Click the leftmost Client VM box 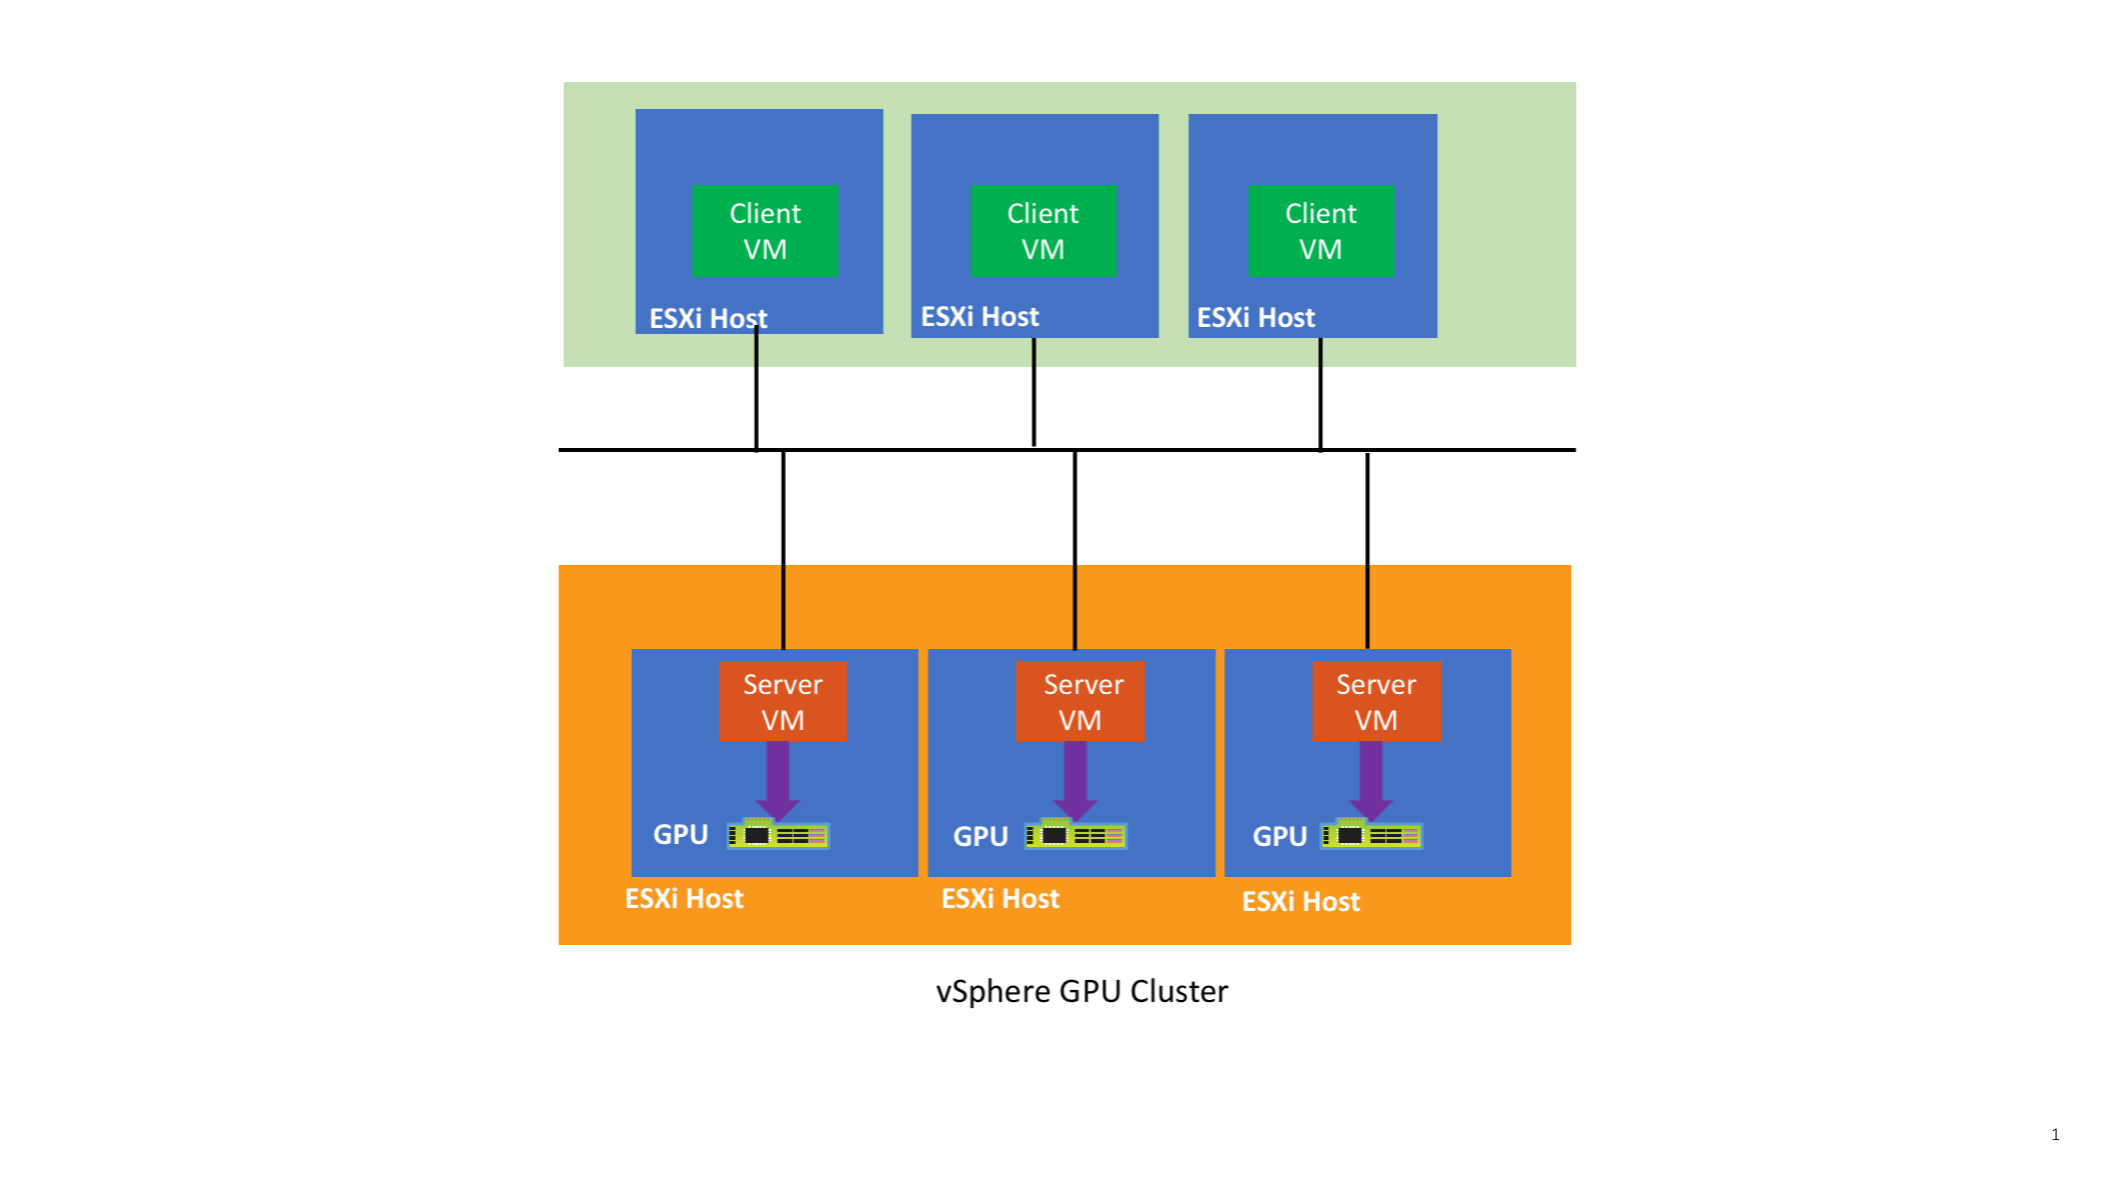point(765,231)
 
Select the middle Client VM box point(1043,231)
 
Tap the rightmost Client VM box point(1320,231)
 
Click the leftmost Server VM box point(783,701)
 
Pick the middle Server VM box point(1079,701)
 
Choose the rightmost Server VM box point(1375,701)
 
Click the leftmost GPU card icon point(778,834)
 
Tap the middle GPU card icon point(1075,835)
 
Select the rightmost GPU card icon point(1371,835)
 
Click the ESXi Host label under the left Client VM point(708,318)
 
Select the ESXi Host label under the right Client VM point(1255,317)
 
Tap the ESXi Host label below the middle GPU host point(1000,898)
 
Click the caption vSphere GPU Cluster point(1081,991)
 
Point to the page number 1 point(2055,1134)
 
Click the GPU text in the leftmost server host point(681,834)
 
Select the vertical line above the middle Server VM point(1074,550)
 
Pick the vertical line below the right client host point(1320,394)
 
